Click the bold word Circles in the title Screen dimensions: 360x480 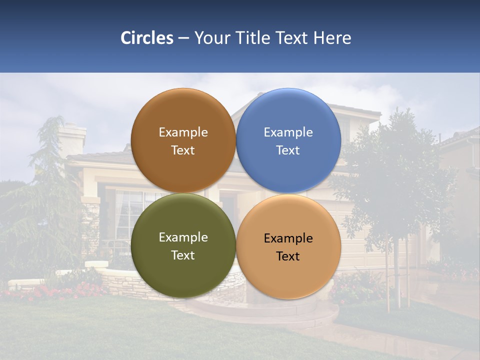click(x=147, y=38)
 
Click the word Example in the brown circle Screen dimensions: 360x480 click(x=183, y=132)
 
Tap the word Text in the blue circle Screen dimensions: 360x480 click(x=288, y=150)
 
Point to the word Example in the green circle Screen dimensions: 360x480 click(x=183, y=237)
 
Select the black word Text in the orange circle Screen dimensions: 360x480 click(x=288, y=256)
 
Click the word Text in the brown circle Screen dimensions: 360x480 click(x=183, y=150)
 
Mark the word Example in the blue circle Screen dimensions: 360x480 click(x=288, y=132)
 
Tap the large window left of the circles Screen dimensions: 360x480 click(x=128, y=212)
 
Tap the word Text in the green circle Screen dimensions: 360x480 click(x=183, y=255)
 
